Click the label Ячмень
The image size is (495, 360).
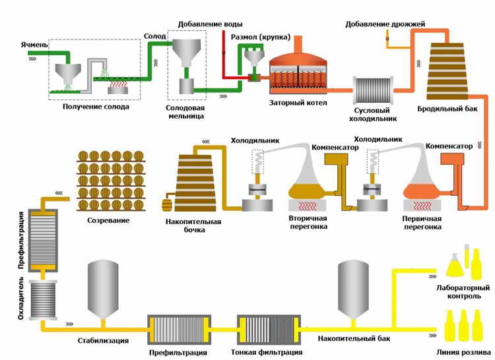coord(34,44)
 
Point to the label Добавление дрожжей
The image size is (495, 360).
coord(385,24)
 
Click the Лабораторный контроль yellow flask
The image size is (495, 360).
coord(457,263)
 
